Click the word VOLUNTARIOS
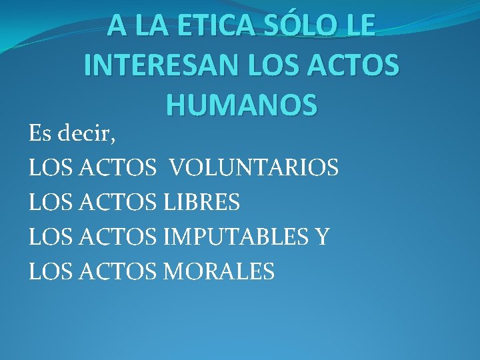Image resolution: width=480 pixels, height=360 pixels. tap(254, 167)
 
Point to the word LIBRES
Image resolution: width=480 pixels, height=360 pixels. tap(200, 202)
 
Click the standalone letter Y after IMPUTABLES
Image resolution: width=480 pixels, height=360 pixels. tap(322, 237)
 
